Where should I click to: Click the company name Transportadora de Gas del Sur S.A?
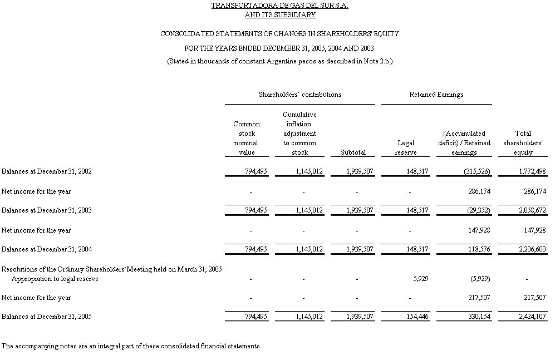[280, 6]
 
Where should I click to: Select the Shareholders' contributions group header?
[299, 95]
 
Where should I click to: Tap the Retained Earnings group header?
[436, 95]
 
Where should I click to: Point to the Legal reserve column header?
[405, 147]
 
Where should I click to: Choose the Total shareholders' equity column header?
[523, 143]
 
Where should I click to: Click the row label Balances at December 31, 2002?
[46, 171]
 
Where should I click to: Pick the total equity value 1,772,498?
[532, 171]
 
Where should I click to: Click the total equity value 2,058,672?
[532, 210]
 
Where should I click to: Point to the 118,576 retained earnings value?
[478, 249]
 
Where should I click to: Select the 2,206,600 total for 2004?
[532, 249]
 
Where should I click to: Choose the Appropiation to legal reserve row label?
[55, 279]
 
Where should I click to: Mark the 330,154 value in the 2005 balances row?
[478, 317]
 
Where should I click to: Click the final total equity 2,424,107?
[532, 317]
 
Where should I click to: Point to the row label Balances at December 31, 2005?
[46, 317]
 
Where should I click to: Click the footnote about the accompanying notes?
[131, 346]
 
